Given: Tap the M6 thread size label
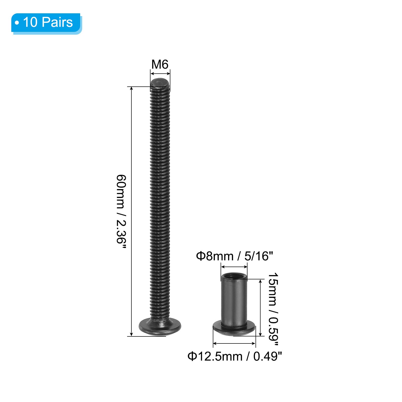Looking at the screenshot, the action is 160,65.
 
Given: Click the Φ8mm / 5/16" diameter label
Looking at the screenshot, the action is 234,256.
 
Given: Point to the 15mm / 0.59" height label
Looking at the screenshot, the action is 273,307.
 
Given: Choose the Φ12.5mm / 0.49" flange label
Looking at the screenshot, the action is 235,356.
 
